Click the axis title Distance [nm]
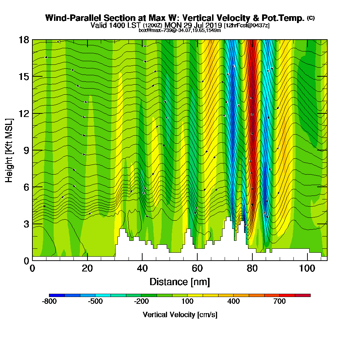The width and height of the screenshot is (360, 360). (x=180, y=282)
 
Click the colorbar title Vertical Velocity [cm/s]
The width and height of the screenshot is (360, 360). (x=180, y=315)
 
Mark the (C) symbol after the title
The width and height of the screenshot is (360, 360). (x=311, y=18)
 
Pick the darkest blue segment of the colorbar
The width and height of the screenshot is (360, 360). (x=57, y=295)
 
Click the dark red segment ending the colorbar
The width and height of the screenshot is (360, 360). (x=302, y=295)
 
